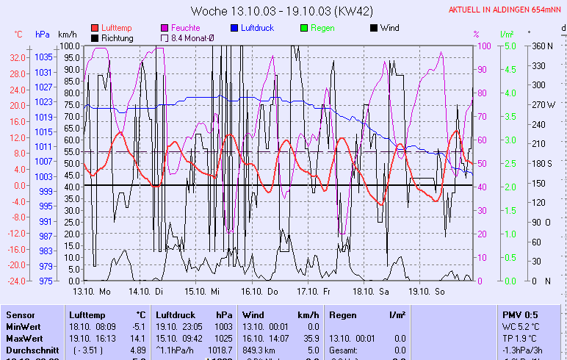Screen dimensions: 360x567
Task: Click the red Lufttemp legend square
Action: click(95, 28)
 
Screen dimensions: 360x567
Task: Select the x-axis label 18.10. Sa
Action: click(372, 292)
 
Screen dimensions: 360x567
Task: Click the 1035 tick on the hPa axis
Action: click(43, 57)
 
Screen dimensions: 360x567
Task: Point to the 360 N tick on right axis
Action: click(542, 46)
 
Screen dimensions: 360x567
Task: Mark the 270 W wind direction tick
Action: click(543, 104)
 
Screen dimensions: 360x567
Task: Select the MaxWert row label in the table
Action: click(24, 338)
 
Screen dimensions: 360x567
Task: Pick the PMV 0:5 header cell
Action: click(519, 314)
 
